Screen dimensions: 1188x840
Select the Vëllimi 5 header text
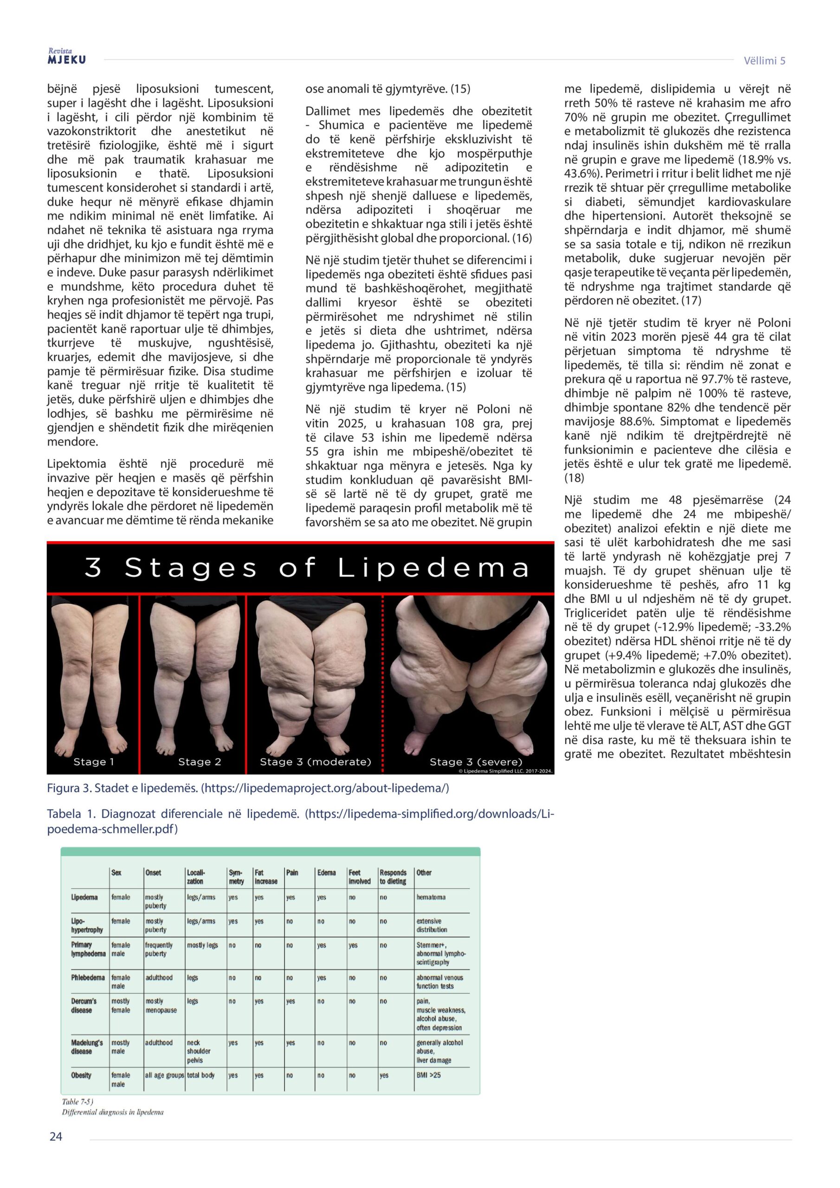764,60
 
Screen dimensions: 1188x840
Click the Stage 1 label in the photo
93,762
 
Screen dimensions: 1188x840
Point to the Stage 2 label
199,762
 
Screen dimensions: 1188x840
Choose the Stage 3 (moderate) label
315,762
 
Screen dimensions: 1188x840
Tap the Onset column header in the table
153,873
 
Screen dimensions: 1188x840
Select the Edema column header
327,873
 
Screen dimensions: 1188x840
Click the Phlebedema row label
87,977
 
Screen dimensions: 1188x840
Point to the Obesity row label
81,1075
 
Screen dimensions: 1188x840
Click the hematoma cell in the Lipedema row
431,897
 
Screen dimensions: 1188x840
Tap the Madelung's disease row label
87,1047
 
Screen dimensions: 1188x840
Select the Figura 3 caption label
70,788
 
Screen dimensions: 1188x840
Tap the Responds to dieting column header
393,877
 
